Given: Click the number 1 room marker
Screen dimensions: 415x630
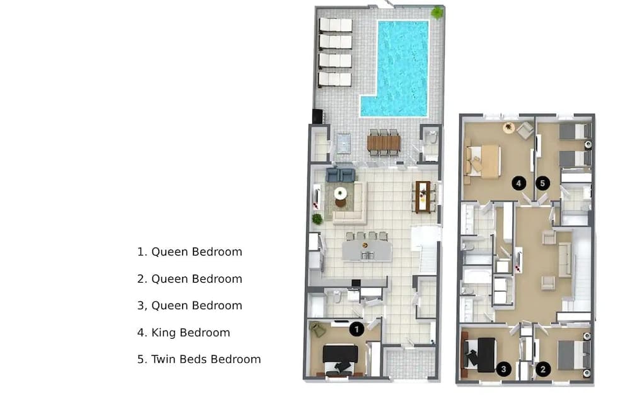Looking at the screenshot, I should point(357,329).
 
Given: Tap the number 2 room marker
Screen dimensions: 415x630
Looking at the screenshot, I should point(542,370).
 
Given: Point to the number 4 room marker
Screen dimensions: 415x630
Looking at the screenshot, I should point(518,183).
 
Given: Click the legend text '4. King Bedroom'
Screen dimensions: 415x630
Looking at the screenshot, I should point(184,333).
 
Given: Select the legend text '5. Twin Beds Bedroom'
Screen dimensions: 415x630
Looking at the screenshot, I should point(199,360).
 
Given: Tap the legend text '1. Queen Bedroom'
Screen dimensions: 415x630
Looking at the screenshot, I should point(190,252).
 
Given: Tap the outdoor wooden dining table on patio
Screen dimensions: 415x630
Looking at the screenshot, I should point(384,143).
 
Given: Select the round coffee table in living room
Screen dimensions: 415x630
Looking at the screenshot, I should point(341,193).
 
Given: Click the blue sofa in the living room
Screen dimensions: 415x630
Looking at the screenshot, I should point(341,174).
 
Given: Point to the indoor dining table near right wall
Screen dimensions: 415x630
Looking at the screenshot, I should point(423,196).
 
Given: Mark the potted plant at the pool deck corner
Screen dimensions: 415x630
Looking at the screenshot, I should point(437,13).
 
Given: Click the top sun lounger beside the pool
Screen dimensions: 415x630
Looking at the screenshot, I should point(335,25).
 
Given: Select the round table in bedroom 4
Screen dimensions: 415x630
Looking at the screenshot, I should point(508,127).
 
